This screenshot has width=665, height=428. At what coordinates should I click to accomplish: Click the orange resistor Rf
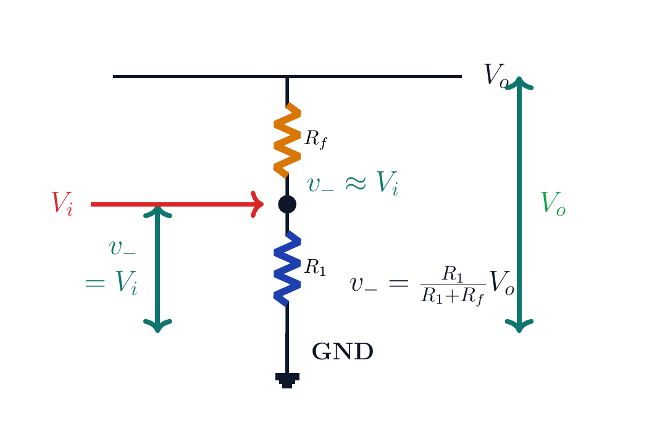(x=287, y=140)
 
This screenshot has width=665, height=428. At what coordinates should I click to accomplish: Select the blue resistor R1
(x=287, y=268)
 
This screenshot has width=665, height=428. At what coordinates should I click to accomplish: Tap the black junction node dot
(x=287, y=205)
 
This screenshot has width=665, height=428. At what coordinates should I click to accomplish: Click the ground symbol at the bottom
(x=287, y=380)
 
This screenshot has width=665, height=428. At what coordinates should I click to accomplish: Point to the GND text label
(x=343, y=352)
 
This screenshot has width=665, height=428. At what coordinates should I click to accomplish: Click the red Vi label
(x=62, y=203)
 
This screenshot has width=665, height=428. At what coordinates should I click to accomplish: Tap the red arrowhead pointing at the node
(x=257, y=205)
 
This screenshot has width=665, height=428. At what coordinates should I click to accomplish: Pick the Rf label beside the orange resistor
(x=316, y=139)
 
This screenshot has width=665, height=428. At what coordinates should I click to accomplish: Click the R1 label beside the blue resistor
(x=315, y=267)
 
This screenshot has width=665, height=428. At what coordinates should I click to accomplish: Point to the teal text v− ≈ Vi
(x=353, y=183)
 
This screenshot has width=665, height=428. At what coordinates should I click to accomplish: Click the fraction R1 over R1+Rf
(x=453, y=285)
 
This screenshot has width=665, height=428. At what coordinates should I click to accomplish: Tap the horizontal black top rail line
(x=287, y=77)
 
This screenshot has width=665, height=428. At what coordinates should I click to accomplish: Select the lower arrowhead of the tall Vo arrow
(x=519, y=326)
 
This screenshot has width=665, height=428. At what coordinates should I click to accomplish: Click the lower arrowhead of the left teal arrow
(x=158, y=326)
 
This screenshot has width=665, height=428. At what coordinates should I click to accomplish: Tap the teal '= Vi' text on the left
(x=111, y=283)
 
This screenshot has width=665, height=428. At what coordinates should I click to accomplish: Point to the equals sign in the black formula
(x=398, y=283)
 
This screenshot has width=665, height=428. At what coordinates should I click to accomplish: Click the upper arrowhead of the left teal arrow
(x=158, y=212)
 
